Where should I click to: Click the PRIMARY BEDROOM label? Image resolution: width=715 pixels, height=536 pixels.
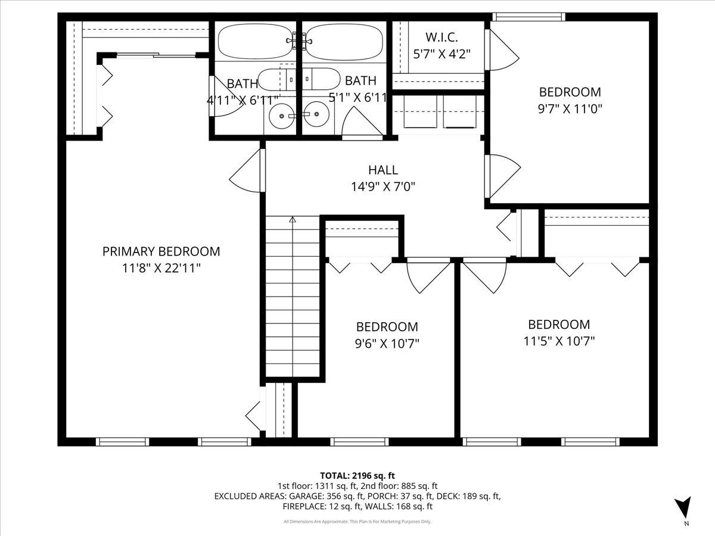[161, 251]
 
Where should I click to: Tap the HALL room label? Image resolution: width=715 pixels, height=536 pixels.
[383, 170]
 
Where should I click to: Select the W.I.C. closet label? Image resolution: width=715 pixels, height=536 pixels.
[442, 38]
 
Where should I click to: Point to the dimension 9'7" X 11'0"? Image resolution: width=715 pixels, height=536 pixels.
[570, 108]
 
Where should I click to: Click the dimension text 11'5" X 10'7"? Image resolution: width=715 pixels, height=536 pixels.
[559, 341]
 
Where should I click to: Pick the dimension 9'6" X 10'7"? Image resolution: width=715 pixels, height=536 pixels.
[387, 344]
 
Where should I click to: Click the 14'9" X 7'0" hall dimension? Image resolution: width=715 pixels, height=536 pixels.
[383, 187]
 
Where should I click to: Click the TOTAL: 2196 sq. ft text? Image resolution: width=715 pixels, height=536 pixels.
[357, 475]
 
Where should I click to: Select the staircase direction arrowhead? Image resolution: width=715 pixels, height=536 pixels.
[293, 220]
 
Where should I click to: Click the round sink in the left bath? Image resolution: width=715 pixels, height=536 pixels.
[282, 116]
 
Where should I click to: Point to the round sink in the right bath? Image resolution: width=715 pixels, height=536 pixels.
[316, 114]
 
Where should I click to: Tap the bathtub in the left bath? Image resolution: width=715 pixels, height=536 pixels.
[257, 42]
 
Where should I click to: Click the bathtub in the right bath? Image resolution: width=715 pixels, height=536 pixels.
[344, 43]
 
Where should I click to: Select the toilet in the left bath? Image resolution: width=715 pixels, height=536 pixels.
[276, 79]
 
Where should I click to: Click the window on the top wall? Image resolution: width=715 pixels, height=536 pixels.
[529, 17]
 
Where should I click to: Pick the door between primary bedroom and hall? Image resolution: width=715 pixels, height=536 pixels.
[247, 170]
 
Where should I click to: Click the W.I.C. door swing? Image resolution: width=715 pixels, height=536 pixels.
[502, 50]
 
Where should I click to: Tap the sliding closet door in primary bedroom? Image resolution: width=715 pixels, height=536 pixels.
[156, 55]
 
